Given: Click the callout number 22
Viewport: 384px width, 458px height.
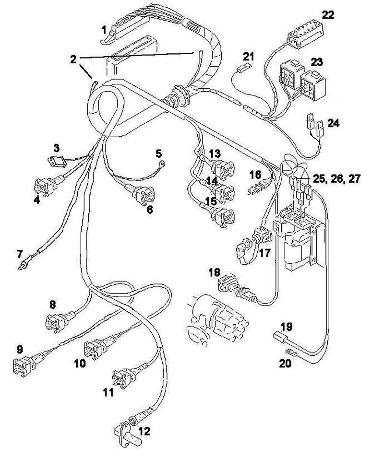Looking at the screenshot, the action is (327, 15).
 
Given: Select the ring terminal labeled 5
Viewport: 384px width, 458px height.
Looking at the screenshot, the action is (160, 164).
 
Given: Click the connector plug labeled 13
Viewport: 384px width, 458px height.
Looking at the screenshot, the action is (221, 168).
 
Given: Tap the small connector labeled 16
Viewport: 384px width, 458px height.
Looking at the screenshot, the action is (259, 186).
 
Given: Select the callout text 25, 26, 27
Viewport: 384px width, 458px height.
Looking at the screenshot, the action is (336, 179).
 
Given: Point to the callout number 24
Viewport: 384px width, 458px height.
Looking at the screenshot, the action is (333, 123).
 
